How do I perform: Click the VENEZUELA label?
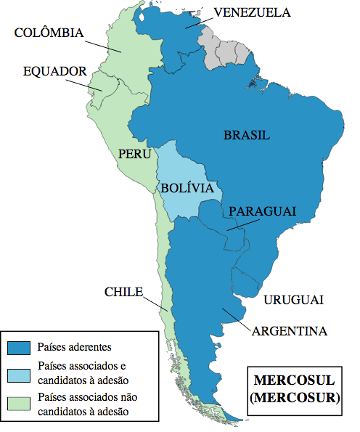pos(252,12)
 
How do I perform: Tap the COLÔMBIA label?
pos(49,33)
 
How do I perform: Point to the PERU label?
pos(135,155)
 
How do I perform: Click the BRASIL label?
pos(247,135)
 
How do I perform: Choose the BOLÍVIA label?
pos(187,187)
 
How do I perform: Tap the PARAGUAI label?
pos(262,211)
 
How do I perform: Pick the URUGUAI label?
pos(293,300)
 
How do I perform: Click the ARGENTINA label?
pos(290,331)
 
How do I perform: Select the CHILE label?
pos(123,292)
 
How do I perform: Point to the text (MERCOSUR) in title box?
pos(293,397)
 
